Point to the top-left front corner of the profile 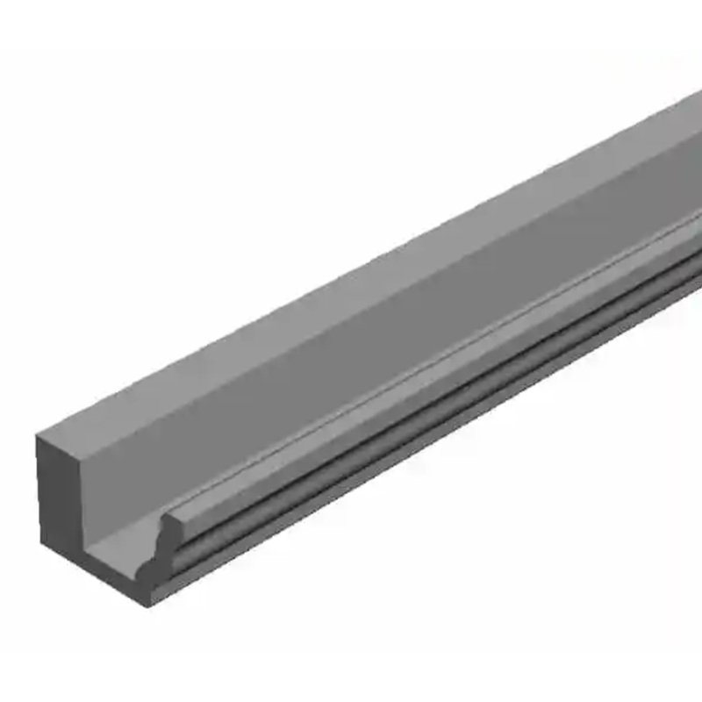pyautogui.click(x=37, y=436)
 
